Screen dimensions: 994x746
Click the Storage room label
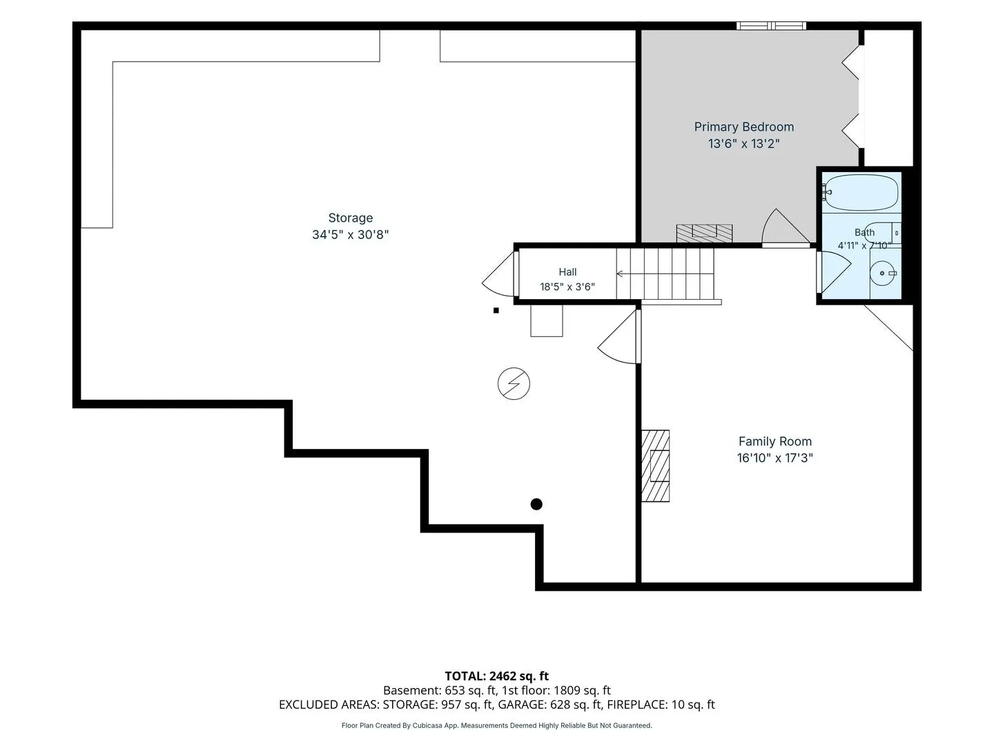click(350, 218)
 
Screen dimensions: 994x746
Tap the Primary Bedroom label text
click(743, 127)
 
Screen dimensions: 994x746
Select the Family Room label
click(774, 441)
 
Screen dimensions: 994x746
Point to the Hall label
click(567, 271)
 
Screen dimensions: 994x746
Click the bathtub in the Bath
click(860, 193)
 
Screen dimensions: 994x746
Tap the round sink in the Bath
click(883, 273)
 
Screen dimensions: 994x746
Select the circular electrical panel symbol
click(514, 383)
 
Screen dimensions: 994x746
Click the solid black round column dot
click(536, 504)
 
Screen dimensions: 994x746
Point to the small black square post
click(496, 310)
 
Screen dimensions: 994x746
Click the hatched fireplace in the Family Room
click(655, 466)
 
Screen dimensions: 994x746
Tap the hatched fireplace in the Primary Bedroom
click(704, 233)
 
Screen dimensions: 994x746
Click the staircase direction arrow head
click(619, 274)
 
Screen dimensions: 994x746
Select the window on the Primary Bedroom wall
click(771, 26)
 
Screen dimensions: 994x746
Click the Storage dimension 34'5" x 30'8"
click(350, 235)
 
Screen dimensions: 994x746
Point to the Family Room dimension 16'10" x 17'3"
click(774, 458)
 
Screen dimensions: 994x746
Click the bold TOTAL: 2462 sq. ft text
click(496, 676)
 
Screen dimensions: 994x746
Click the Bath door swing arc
click(837, 271)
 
